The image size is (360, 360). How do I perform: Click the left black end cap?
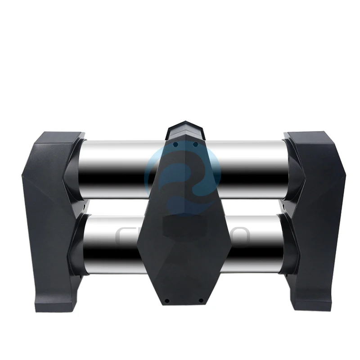[x=49, y=216]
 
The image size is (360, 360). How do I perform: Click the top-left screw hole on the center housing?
[x=176, y=144]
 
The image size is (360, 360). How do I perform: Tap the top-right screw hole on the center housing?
[x=195, y=144]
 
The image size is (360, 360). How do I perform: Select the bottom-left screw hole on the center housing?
[x=166, y=301]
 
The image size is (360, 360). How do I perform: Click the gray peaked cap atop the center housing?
[x=185, y=128]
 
